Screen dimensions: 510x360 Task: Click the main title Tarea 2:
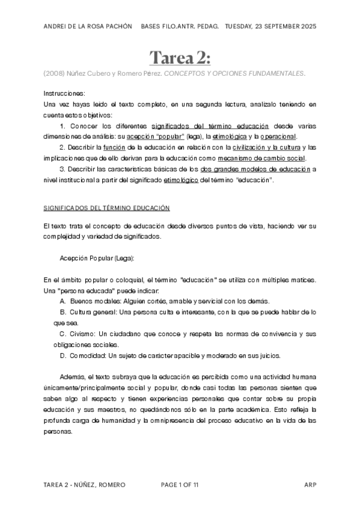(x=180, y=58)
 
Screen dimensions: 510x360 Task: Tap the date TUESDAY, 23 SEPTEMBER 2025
(x=270, y=26)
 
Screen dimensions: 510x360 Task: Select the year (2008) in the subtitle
(x=52, y=73)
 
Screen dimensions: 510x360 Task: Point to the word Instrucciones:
(x=64, y=94)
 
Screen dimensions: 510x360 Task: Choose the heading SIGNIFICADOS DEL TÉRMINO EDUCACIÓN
(x=107, y=208)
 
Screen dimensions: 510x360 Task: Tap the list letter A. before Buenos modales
(x=63, y=301)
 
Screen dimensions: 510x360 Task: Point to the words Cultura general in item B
(x=93, y=312)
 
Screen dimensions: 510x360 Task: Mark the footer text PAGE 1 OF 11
(x=180, y=484)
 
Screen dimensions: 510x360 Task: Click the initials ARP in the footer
(x=310, y=484)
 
